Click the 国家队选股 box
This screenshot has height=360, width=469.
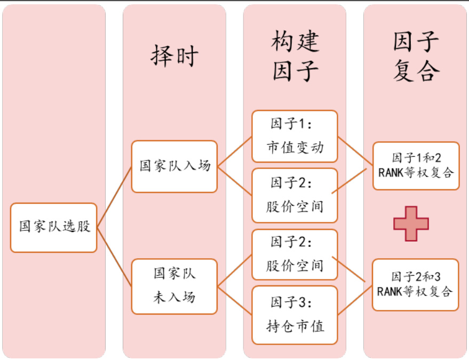click(x=53, y=227)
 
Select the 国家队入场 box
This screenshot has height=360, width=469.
click(x=174, y=166)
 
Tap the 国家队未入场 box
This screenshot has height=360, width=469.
click(x=174, y=286)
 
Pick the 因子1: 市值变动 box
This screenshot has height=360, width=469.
click(x=295, y=136)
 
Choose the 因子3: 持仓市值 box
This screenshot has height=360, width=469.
click(x=295, y=315)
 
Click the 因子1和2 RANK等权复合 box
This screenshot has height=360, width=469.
click(x=416, y=166)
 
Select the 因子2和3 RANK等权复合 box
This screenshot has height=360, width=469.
click(x=415, y=285)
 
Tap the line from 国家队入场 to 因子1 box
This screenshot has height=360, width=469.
click(x=235, y=151)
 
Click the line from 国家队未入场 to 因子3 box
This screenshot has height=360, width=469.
click(x=235, y=301)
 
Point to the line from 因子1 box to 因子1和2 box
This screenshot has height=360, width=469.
click(x=355, y=151)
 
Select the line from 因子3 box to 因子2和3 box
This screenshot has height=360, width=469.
click(x=355, y=300)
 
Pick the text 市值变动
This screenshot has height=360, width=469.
click(x=295, y=147)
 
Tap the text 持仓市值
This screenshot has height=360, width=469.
click(x=295, y=325)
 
